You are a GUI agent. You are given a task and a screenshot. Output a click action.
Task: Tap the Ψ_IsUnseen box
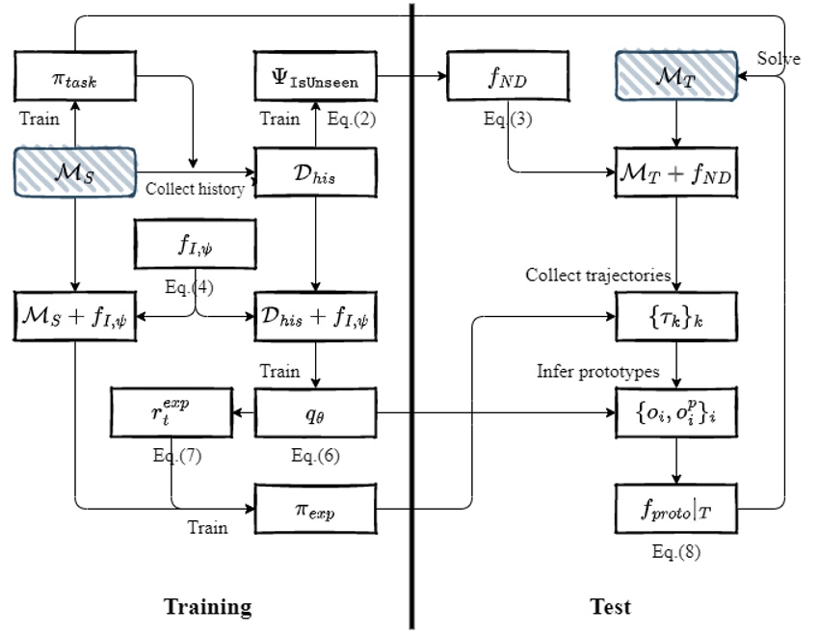pyautogui.click(x=315, y=75)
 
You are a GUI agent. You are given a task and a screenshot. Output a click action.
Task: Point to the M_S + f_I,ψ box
pyautogui.click(x=74, y=317)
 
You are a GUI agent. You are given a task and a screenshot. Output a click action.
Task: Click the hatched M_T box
pyautogui.click(x=676, y=75)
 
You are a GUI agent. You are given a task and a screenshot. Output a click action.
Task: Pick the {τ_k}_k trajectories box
pyautogui.click(x=676, y=317)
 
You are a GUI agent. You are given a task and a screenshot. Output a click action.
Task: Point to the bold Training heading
pyautogui.click(x=207, y=606)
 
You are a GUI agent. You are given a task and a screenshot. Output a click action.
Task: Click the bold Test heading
pyautogui.click(x=610, y=606)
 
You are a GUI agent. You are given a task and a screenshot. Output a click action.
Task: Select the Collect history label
pyautogui.click(x=195, y=189)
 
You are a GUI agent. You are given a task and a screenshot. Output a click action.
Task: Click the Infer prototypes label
pyautogui.click(x=598, y=370)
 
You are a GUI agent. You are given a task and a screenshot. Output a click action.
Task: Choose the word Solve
pyautogui.click(x=779, y=59)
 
